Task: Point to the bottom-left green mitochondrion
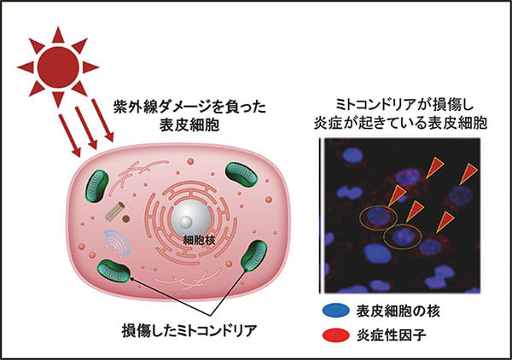pos(113,272)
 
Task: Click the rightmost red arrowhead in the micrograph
pos(468,175)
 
